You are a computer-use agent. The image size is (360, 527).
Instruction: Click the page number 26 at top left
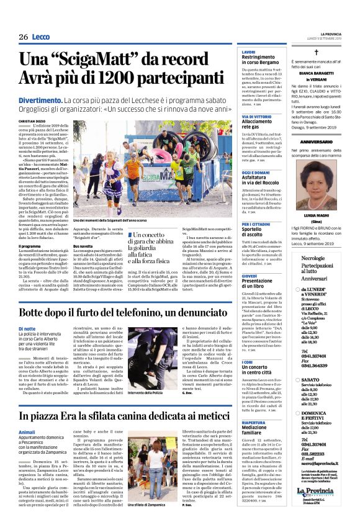23,37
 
